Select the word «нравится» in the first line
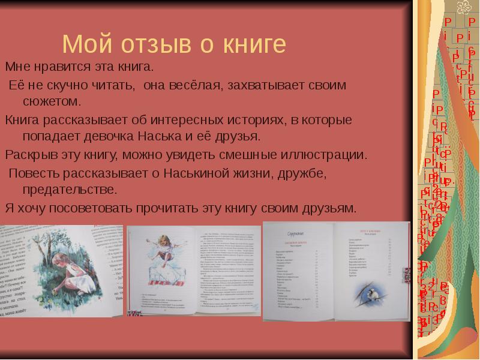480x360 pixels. pos(56,65)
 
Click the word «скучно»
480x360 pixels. pos(79,85)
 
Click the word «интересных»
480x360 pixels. pos(187,119)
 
